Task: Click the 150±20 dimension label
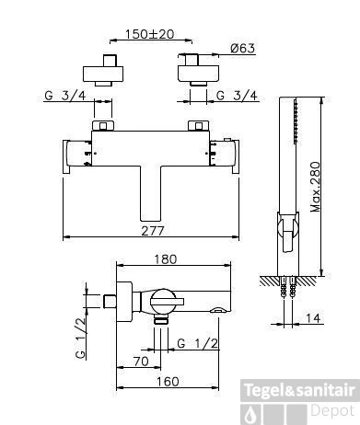click(149, 34)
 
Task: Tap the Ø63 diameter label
click(243, 49)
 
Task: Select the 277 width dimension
click(153, 231)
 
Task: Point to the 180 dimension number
click(166, 259)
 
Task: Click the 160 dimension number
click(168, 382)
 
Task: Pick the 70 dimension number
click(141, 362)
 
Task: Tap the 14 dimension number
click(313, 318)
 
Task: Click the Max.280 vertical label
click(315, 187)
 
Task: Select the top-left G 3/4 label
click(65, 96)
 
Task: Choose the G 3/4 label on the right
click(237, 96)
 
